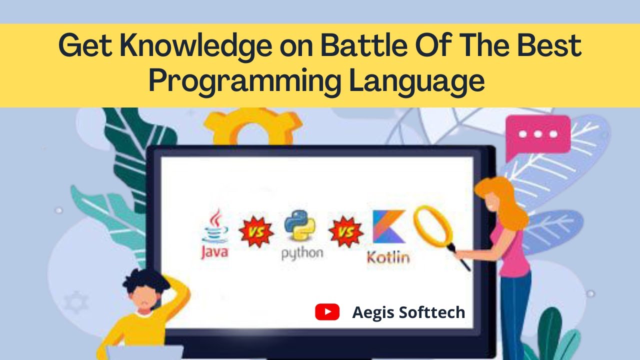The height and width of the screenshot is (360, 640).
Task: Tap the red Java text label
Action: pos(214,251)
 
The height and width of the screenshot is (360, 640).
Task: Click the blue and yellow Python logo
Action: pos(299,226)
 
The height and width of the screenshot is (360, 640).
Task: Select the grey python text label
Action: pos(302,253)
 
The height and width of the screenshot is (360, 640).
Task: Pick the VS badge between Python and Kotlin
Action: pos(345,232)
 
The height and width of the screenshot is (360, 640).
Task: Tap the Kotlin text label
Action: pos(388,257)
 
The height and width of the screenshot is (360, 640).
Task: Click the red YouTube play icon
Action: pos(327,312)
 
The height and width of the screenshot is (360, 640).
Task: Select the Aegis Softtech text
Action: pos(408,313)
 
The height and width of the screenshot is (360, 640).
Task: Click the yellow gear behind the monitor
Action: pos(252,125)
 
